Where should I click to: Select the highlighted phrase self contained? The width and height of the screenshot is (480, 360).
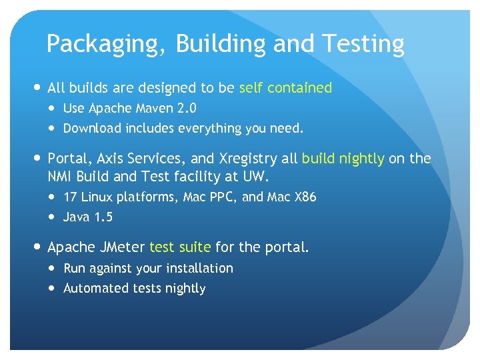(285, 88)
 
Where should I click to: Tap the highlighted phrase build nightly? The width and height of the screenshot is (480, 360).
(343, 159)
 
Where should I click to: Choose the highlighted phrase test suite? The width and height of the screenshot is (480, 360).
(180, 247)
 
